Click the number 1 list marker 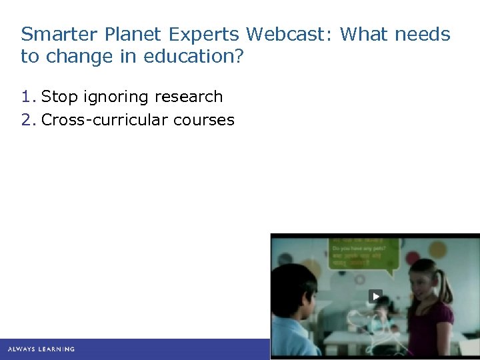(27, 97)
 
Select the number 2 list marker (27, 120)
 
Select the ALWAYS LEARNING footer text (41, 349)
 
